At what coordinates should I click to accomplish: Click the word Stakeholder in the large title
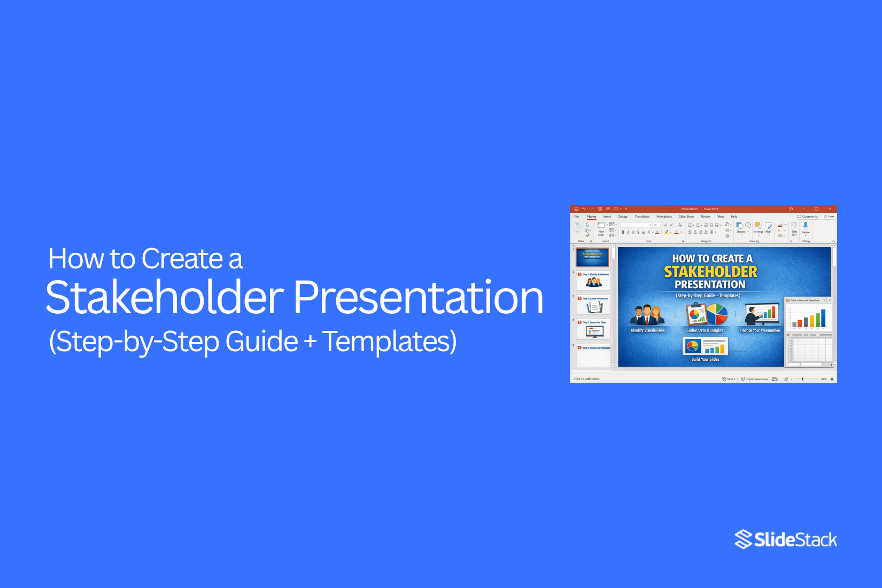[165, 297]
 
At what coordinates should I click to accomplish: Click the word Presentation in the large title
[418, 297]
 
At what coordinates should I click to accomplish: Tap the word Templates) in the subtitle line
[390, 341]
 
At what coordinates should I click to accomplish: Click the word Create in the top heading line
[182, 259]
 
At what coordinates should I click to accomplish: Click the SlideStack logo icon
[743, 539]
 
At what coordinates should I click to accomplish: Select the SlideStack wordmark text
[795, 540]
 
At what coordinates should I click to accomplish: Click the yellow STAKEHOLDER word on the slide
[710, 272]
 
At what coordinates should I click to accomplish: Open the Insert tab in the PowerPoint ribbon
[607, 216]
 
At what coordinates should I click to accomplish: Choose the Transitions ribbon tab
[642, 216]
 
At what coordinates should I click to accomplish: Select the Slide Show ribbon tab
[686, 216]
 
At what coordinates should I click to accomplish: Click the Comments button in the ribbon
[808, 216]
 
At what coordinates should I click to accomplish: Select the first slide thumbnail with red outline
[592, 257]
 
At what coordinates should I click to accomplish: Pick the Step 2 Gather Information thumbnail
[594, 305]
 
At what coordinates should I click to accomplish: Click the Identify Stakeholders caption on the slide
[647, 330]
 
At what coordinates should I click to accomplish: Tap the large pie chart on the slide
[717, 314]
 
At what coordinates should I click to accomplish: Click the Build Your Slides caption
[705, 359]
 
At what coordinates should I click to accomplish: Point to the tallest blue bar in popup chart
[823, 318]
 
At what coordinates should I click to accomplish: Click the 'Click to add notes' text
[586, 379]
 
